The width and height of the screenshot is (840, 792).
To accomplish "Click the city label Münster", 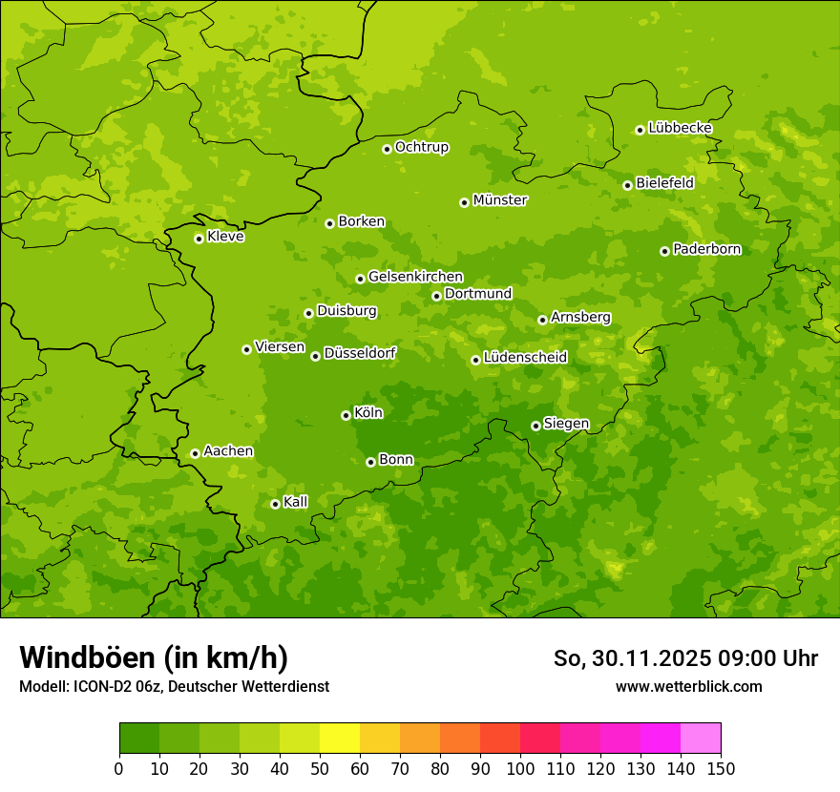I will coord(500,200).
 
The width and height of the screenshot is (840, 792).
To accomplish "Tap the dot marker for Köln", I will coord(346,415).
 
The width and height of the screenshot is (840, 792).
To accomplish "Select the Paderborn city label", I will coord(706,249).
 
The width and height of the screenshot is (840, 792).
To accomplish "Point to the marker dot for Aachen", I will coord(195,453).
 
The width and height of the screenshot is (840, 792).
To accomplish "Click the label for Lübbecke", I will coord(680,128).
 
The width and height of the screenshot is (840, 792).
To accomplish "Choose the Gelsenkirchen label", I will coord(415,277).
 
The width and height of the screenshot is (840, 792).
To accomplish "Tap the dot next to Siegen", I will coord(535,426).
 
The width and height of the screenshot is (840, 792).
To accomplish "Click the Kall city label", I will coord(296,502).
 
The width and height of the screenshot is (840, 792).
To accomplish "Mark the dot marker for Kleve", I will coord(199,239).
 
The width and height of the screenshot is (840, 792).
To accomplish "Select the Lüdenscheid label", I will coord(525,358).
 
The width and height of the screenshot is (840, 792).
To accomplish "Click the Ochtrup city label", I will coord(421,147).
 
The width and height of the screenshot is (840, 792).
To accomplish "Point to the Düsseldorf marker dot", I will coord(315,356).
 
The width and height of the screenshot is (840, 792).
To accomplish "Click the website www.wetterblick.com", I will coord(688,686).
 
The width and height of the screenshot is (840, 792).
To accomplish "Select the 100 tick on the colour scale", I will coord(520,769).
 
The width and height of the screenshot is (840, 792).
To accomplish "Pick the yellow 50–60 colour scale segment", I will coord(340,739).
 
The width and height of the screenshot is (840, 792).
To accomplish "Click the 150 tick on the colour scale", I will coord(721,769).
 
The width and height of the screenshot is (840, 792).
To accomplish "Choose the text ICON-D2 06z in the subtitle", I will coord(115,686).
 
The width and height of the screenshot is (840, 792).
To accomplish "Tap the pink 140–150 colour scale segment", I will coord(701,739).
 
